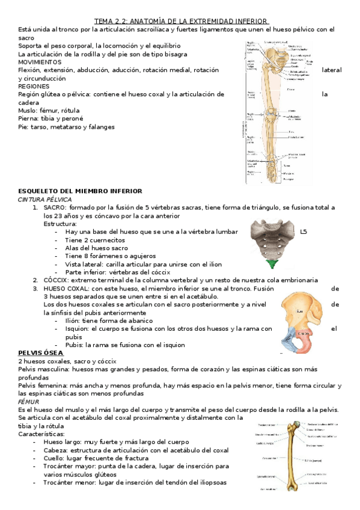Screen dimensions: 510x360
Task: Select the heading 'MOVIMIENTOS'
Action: pyautogui.click(x=40, y=62)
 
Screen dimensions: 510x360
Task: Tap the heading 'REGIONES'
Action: pyautogui.click(x=35, y=86)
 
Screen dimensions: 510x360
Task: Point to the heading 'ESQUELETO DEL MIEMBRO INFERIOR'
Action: pyautogui.click(x=80, y=191)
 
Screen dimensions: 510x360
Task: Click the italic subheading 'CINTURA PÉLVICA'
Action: pyautogui.click(x=45, y=199)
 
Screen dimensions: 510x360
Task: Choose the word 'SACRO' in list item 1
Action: pyautogui.click(x=55, y=207)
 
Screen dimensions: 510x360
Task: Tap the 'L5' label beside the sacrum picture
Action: pyautogui.click(x=303, y=232)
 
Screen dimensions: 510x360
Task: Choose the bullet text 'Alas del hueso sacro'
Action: pyautogui.click(x=96, y=248)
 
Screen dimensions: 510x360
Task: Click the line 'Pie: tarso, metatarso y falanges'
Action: pyautogui.click(x=67, y=127)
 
